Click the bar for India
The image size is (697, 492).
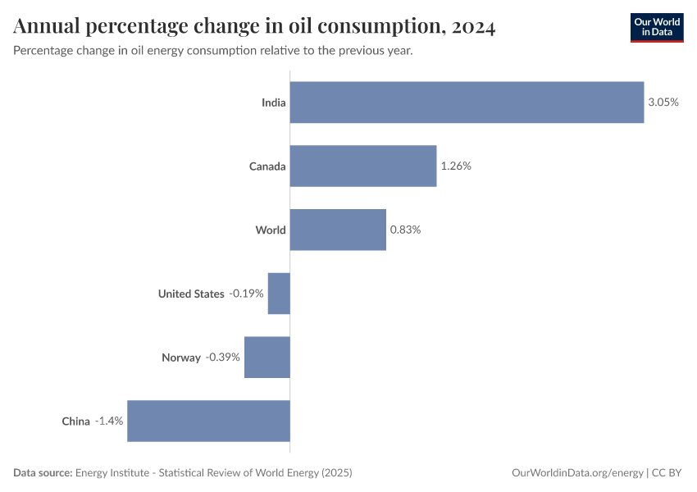467,102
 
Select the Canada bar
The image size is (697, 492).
363,166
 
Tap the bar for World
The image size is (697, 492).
338,230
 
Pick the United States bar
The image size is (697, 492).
279,294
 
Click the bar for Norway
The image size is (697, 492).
267,358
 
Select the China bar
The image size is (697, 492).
208,421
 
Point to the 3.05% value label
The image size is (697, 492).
663,102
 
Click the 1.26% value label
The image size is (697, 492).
456,166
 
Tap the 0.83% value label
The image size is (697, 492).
405,230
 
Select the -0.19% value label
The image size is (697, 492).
246,294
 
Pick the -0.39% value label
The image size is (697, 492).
223,358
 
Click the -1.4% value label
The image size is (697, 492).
108,421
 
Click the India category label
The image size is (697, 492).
273,102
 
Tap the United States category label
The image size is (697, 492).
191,294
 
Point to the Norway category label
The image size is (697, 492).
180,358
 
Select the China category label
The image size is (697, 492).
75,421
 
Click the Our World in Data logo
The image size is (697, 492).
656,28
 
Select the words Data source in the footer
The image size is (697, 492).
42,473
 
